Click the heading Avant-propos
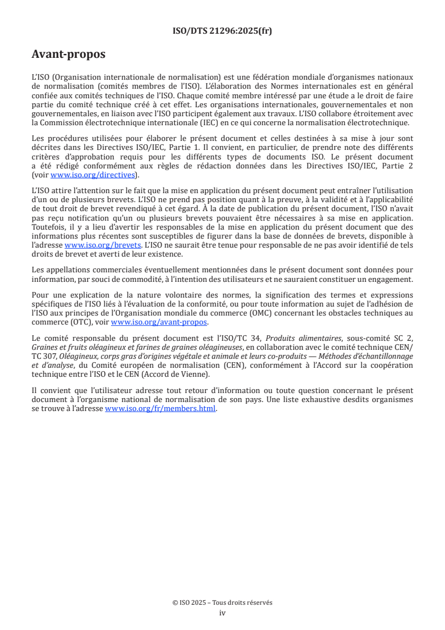point(68,54)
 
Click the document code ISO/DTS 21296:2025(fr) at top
point(222,31)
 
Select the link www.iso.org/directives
point(93,175)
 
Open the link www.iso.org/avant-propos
point(159,322)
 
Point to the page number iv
point(222,613)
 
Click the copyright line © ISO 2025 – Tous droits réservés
point(222,602)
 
